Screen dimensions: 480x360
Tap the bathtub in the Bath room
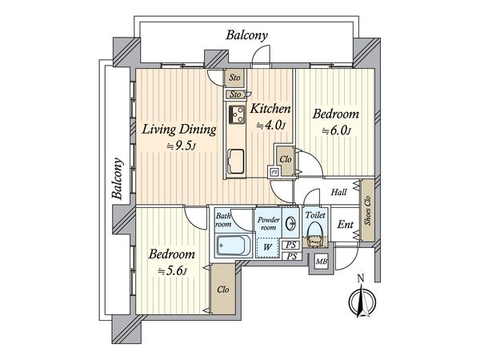[234, 245]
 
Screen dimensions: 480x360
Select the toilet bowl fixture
[315, 234]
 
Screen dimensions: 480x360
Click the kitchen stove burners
[237, 114]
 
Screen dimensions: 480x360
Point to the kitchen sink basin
[237, 162]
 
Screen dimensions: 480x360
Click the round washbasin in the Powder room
[290, 223]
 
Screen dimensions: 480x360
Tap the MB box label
[322, 262]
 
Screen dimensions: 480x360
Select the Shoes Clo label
[368, 210]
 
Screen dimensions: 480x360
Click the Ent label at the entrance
[346, 225]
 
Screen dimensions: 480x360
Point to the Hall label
[339, 192]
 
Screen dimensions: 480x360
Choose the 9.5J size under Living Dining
[181, 146]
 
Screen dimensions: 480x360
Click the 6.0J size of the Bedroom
[336, 131]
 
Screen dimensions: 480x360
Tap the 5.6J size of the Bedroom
[172, 271]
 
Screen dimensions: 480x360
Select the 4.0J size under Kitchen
[271, 126]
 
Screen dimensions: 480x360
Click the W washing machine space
[267, 246]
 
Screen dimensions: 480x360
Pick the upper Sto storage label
[234, 78]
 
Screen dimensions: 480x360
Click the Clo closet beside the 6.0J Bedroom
[286, 159]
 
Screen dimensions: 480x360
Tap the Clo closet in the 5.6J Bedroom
[223, 290]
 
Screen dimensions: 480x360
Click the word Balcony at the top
[246, 35]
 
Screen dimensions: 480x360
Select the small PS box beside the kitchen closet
[274, 172]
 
